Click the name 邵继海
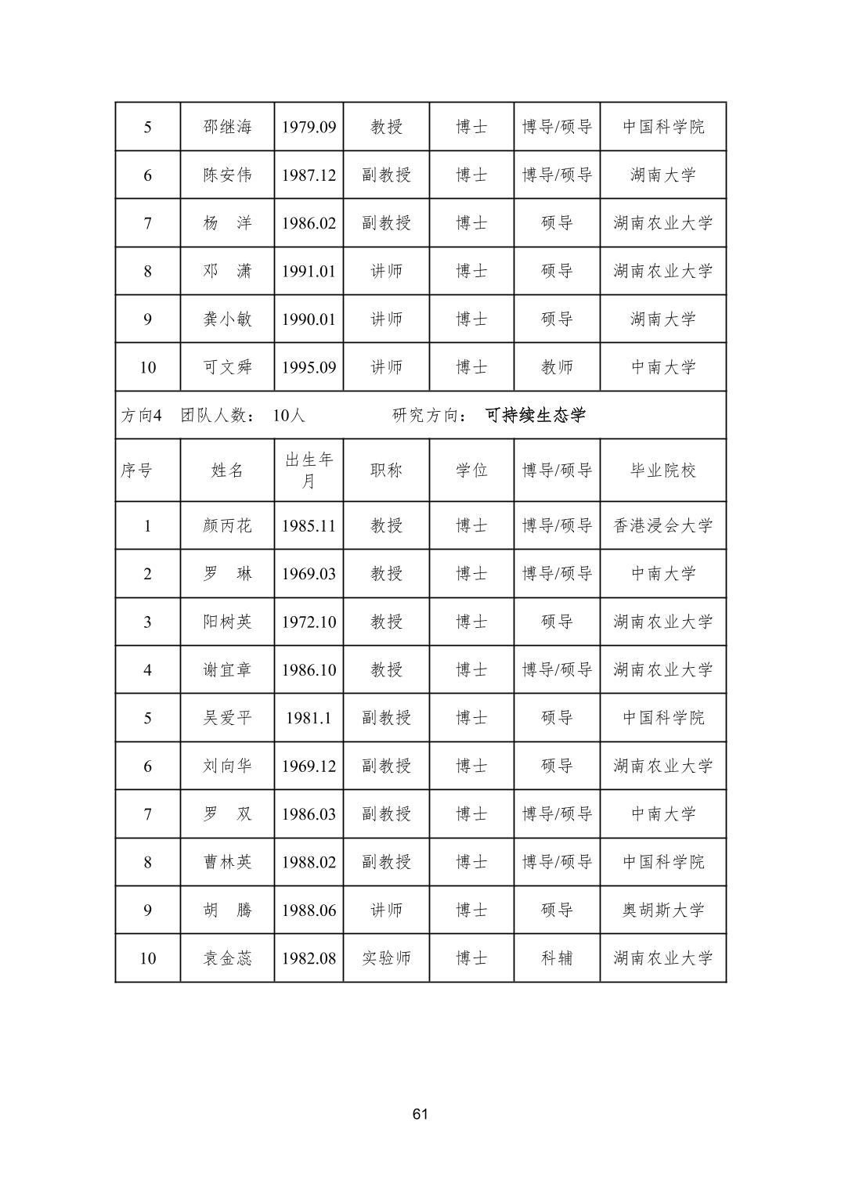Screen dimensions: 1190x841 [227, 127]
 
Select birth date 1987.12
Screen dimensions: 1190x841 [309, 175]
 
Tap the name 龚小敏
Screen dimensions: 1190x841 [227, 319]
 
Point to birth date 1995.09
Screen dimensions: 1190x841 [309, 367]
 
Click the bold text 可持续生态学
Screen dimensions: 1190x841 [536, 415]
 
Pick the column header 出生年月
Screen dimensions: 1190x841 [309, 471]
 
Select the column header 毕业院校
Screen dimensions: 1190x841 [662, 471]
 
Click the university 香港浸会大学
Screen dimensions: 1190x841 [662, 526]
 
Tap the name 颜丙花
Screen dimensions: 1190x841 [227, 526]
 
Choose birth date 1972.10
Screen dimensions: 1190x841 [309, 622]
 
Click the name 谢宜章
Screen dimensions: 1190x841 [227, 670]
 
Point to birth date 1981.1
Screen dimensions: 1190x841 [309, 718]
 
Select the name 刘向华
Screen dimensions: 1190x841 [227, 766]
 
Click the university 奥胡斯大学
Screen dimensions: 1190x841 [662, 911]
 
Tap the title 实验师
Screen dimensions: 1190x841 [386, 958]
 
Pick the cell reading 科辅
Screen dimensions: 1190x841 [557, 958]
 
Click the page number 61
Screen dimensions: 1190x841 [420, 1114]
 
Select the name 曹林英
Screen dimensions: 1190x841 [227, 863]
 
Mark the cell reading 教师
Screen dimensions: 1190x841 [557, 367]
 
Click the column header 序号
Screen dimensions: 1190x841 [136, 471]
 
